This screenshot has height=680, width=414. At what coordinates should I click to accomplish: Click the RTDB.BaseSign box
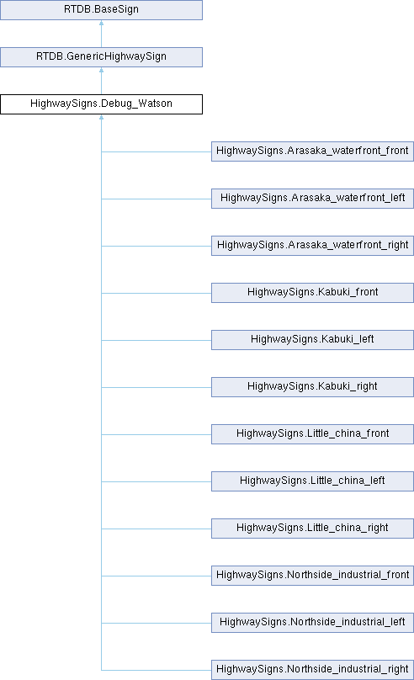click(102, 9)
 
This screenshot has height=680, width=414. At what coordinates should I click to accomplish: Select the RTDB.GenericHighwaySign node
click(102, 57)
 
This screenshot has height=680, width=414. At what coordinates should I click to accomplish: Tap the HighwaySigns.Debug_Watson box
click(102, 104)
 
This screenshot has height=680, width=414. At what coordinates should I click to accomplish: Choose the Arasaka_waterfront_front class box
click(312, 151)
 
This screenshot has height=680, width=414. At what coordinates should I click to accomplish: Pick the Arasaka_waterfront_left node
click(312, 198)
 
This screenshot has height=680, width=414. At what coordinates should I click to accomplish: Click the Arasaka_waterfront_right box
click(312, 246)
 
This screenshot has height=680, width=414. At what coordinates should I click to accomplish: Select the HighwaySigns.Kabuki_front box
click(312, 293)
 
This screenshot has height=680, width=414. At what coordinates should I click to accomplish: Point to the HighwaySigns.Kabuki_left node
click(312, 339)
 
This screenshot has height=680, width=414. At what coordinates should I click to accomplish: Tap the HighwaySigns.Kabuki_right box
click(312, 387)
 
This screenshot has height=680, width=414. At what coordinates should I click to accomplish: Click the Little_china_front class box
click(312, 434)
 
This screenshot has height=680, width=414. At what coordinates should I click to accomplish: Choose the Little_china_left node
click(312, 481)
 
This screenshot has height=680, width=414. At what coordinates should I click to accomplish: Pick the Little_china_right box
click(312, 529)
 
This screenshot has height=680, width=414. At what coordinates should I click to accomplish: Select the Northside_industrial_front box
click(312, 576)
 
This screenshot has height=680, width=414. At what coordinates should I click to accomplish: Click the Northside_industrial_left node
click(312, 622)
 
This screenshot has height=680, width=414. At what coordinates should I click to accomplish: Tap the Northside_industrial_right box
click(312, 670)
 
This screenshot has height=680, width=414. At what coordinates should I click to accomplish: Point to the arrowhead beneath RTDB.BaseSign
click(102, 23)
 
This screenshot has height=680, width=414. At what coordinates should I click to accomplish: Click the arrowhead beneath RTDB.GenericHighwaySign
click(102, 70)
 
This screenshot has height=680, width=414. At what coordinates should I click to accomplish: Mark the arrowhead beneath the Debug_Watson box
click(102, 117)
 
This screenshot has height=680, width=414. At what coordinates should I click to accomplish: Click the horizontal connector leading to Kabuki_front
click(157, 293)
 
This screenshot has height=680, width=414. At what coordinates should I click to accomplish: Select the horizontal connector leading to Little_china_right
click(157, 529)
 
